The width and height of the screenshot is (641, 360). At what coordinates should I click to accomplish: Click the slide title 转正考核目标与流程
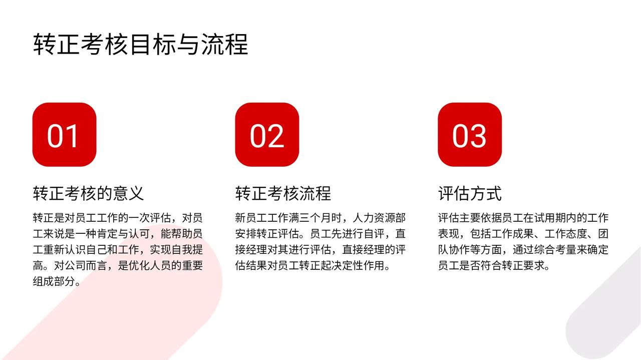(141, 44)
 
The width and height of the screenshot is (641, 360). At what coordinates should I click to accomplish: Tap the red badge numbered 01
(65, 135)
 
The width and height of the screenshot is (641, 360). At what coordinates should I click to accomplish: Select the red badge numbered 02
(267, 135)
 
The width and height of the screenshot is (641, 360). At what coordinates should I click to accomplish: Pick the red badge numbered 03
(470, 135)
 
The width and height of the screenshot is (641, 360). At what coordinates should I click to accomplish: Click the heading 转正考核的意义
(88, 193)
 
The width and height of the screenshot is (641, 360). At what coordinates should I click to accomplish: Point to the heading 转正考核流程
(283, 193)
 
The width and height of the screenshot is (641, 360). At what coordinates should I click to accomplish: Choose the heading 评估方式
(470, 193)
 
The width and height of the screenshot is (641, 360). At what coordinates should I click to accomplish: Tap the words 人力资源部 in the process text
(379, 218)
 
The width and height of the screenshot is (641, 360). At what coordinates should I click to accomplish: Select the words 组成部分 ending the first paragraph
(54, 281)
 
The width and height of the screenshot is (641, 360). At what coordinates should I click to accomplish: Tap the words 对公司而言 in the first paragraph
(81, 265)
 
